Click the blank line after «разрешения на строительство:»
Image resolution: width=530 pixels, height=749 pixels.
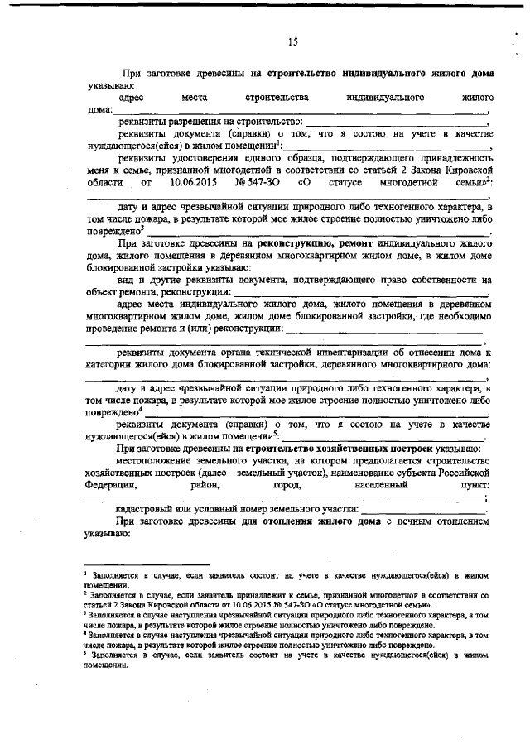pos(397,122)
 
